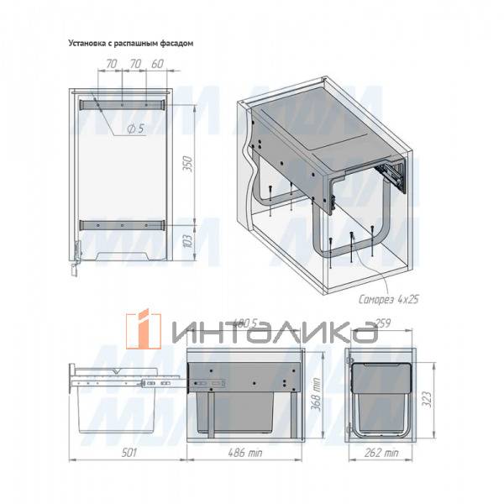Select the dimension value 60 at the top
[157, 65]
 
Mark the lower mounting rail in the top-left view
[122, 225]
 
